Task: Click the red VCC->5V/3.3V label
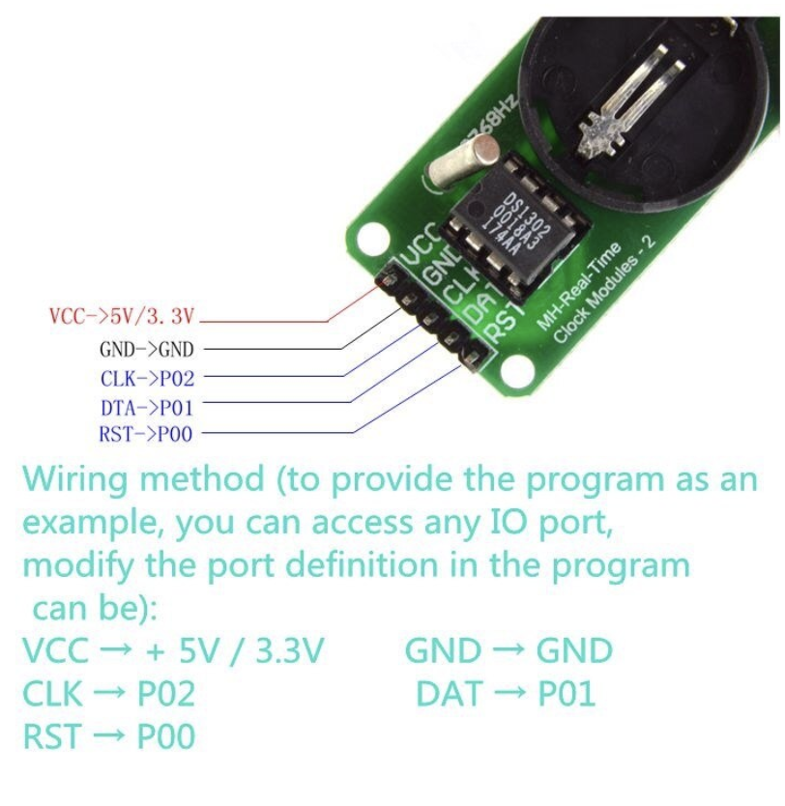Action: click(122, 315)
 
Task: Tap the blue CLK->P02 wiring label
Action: click(147, 378)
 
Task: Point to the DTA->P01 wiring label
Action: click(147, 408)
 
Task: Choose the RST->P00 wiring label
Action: click(146, 435)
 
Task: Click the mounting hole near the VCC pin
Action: click(370, 238)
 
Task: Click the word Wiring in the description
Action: click(78, 480)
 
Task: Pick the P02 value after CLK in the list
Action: click(165, 694)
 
